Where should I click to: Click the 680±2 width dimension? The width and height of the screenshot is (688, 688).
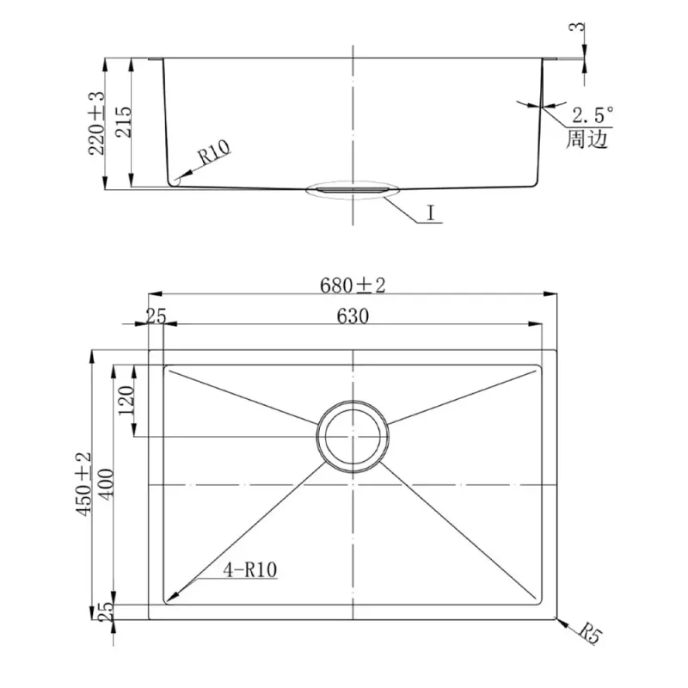[x=353, y=286]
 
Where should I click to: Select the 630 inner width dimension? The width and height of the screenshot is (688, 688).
[x=353, y=316]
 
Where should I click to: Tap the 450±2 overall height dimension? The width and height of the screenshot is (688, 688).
[x=83, y=484]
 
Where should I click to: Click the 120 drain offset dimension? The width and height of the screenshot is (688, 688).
[x=126, y=400]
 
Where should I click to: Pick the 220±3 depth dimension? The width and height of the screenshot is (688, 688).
[x=96, y=123]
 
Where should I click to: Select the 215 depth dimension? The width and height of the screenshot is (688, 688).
[x=123, y=121]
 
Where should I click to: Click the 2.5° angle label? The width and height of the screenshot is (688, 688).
[x=593, y=115]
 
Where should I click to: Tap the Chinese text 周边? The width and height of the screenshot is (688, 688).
[x=587, y=139]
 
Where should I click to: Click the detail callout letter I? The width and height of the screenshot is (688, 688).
[x=432, y=213]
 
